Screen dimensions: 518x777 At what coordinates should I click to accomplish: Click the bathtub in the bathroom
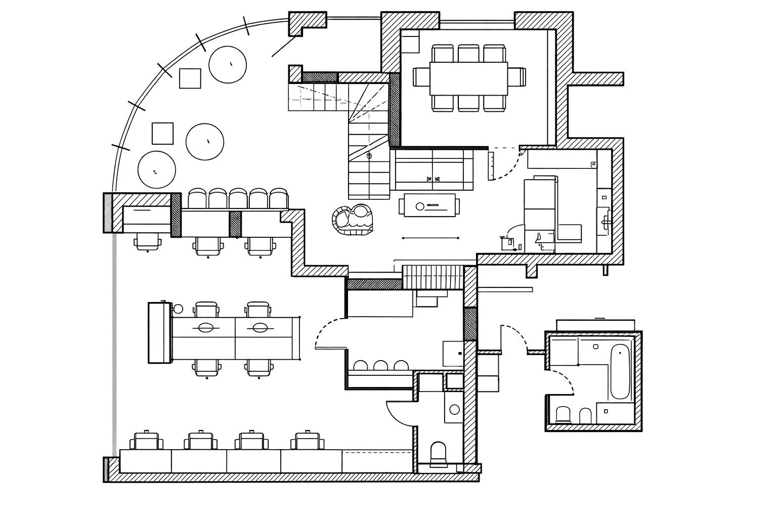pyautogui.click(x=620, y=372)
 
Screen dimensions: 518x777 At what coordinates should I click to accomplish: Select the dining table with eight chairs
pyautogui.click(x=468, y=78)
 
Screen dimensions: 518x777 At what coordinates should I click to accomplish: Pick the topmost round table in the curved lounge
pyautogui.click(x=228, y=64)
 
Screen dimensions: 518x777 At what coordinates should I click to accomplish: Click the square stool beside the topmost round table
pyautogui.click(x=190, y=78)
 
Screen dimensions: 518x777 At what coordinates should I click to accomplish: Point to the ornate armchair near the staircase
pyautogui.click(x=353, y=220)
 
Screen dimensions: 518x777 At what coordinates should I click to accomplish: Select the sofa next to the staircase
pyautogui.click(x=433, y=169)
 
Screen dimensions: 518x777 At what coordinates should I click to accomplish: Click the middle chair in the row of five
pyautogui.click(x=238, y=198)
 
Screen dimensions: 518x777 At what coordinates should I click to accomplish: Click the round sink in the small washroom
pyautogui.click(x=454, y=409)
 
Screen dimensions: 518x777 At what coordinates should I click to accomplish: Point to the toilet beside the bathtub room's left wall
pyautogui.click(x=563, y=415)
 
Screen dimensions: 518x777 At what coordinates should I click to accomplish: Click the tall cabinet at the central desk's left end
pyautogui.click(x=159, y=332)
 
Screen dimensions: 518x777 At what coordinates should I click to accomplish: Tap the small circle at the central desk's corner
pyautogui.click(x=178, y=308)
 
